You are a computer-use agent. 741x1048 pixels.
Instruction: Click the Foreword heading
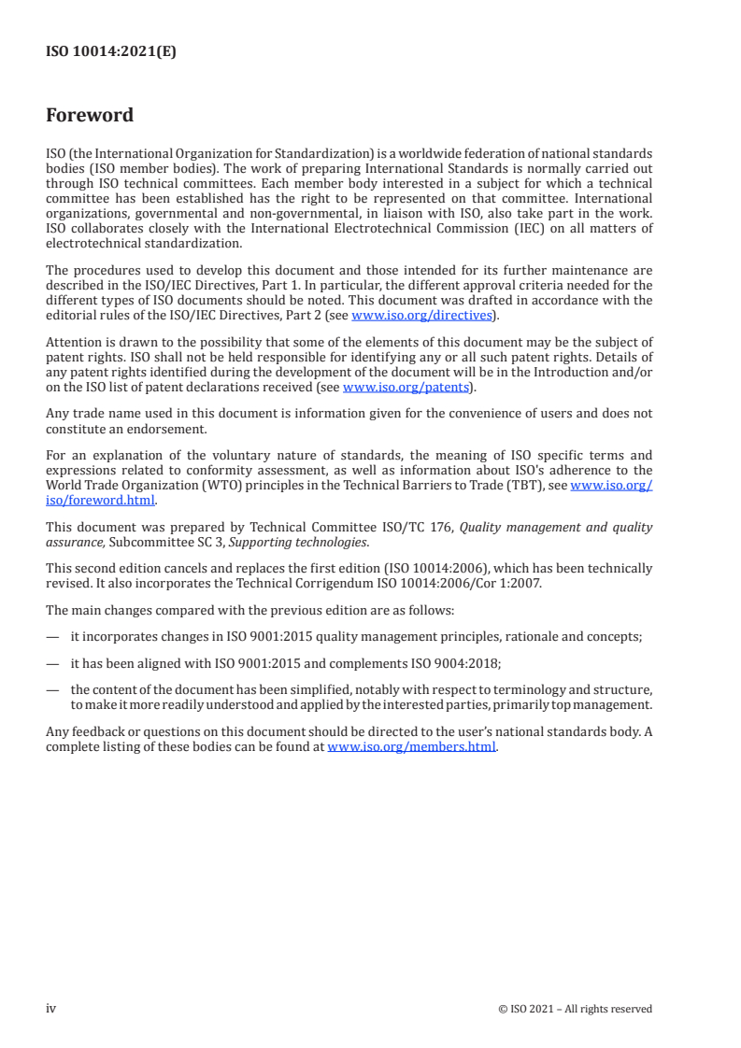pyautogui.click(x=90, y=116)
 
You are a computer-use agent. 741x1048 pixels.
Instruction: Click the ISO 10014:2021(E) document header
pyautogui.click(x=111, y=52)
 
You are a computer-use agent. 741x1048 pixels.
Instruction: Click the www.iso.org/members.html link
pyautogui.click(x=411, y=747)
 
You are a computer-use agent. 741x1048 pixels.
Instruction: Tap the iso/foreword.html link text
pyautogui.click(x=100, y=500)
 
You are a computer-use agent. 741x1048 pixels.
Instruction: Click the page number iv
pyautogui.click(x=51, y=1008)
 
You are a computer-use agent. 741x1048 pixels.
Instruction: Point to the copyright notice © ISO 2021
pyautogui.click(x=576, y=1009)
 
